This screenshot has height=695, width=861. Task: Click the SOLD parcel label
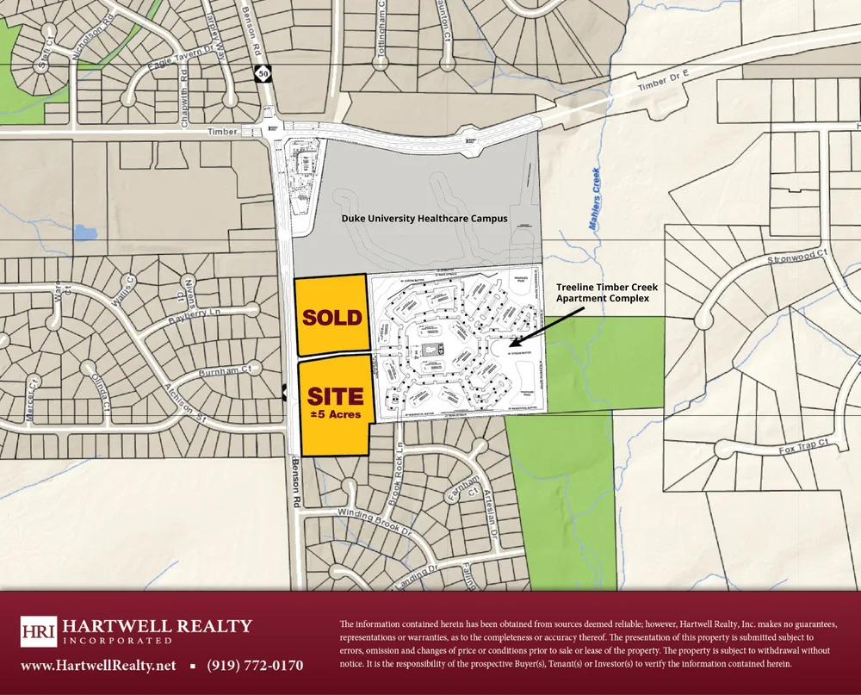pyautogui.click(x=332, y=317)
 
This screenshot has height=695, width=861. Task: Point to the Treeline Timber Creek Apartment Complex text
pyautogui.click(x=603, y=292)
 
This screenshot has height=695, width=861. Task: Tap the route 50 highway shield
pyautogui.click(x=261, y=75)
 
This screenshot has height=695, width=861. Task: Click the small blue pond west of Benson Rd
pyautogui.click(x=84, y=232)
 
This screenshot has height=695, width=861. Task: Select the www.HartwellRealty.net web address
pyautogui.click(x=98, y=665)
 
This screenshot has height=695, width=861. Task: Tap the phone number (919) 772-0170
pyautogui.click(x=255, y=665)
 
